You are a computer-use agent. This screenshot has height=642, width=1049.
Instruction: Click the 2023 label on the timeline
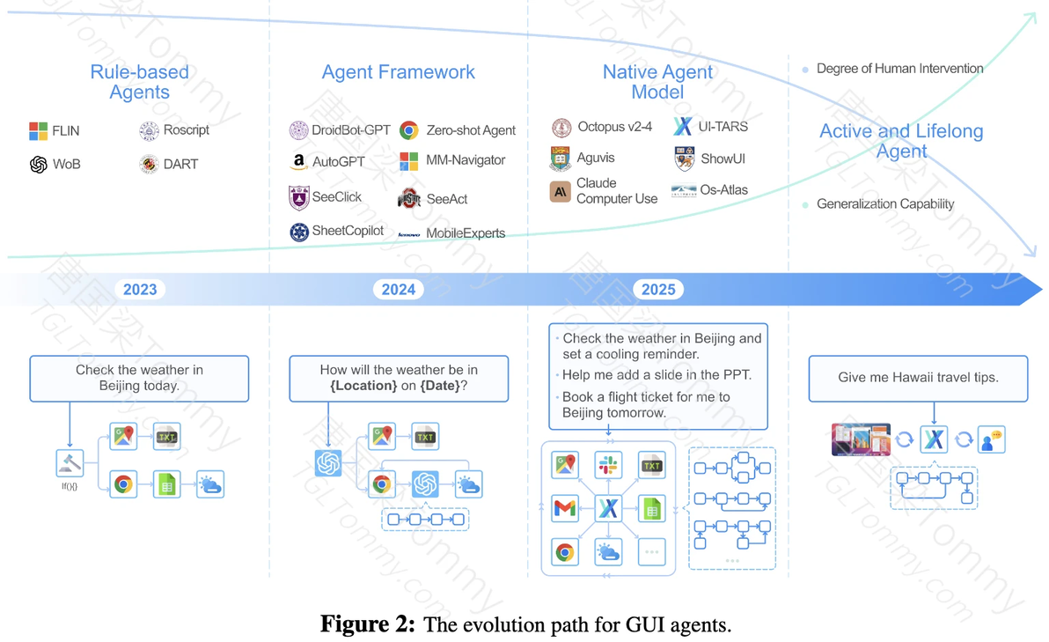(140, 289)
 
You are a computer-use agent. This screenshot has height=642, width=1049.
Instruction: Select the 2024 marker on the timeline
(398, 289)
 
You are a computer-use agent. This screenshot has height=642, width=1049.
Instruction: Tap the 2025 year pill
(658, 289)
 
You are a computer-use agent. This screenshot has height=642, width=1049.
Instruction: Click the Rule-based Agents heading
(139, 82)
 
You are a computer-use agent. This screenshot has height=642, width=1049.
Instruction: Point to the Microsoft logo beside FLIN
(38, 131)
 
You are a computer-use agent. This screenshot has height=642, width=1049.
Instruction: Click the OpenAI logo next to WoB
(38, 164)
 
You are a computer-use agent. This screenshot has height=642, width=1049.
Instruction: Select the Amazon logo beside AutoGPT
(299, 162)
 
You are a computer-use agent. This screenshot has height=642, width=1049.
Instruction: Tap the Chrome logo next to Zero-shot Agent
(408, 130)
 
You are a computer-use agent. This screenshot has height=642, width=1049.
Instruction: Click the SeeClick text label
(336, 197)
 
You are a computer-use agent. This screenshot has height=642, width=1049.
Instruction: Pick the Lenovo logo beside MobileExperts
(408, 234)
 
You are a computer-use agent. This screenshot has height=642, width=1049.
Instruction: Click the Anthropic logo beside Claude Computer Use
(560, 191)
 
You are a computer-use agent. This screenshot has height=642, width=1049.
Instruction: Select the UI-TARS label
(723, 127)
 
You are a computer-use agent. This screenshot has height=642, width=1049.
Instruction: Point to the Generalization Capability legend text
(884, 204)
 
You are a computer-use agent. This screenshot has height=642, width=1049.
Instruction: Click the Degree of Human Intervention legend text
(899, 69)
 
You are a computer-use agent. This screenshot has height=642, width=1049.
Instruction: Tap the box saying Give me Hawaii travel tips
(918, 378)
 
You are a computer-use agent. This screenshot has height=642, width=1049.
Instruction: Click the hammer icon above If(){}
(70, 462)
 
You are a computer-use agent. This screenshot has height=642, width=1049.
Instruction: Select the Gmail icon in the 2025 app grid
(565, 508)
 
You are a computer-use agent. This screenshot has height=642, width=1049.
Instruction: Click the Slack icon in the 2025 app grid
(608, 465)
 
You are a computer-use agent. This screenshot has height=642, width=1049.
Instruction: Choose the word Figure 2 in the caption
(367, 625)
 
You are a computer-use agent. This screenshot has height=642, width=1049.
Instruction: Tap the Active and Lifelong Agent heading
(901, 141)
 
